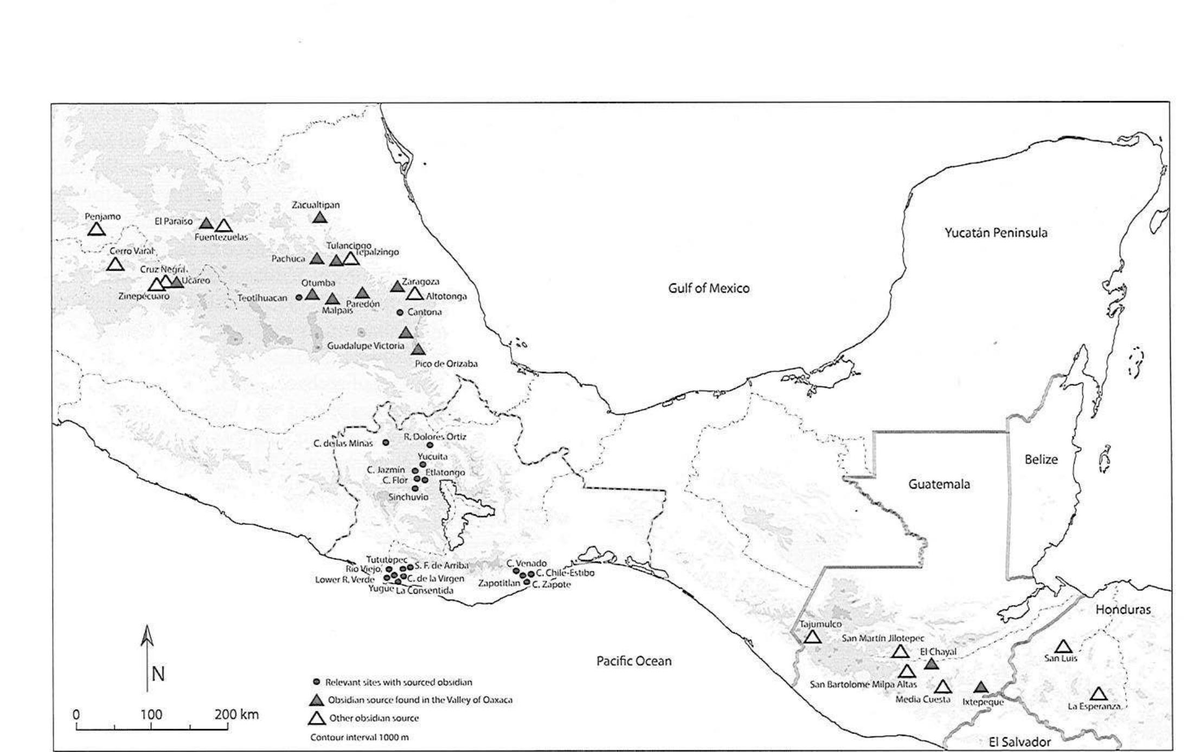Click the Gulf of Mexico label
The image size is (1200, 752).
click(x=708, y=288)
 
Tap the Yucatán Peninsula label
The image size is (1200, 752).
click(x=996, y=233)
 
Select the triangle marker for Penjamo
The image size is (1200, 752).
click(x=96, y=230)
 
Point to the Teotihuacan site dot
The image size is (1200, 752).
click(x=299, y=297)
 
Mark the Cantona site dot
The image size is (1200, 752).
click(x=400, y=312)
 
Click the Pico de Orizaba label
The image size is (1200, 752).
click(x=446, y=364)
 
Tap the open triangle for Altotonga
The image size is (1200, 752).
click(x=415, y=294)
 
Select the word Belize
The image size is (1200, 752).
click(x=1041, y=459)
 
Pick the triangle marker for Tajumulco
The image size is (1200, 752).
click(x=812, y=637)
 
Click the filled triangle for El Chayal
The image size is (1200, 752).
click(x=932, y=664)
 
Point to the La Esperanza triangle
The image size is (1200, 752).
click(x=1098, y=694)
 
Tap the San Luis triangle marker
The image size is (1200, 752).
click(x=1063, y=647)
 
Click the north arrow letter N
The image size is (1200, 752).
click(x=158, y=674)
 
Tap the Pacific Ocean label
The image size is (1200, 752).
click(x=633, y=661)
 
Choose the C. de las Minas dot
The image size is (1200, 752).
click(x=386, y=442)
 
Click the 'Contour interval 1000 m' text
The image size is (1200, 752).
click(x=360, y=737)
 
